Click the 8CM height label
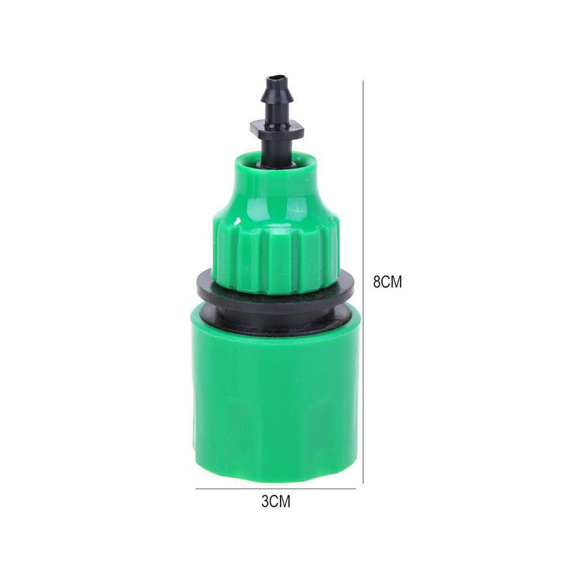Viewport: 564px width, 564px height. point(387,281)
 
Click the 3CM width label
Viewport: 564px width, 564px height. point(276,501)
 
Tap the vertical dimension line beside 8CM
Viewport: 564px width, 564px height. point(363,281)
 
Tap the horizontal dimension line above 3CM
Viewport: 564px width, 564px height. point(276,489)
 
